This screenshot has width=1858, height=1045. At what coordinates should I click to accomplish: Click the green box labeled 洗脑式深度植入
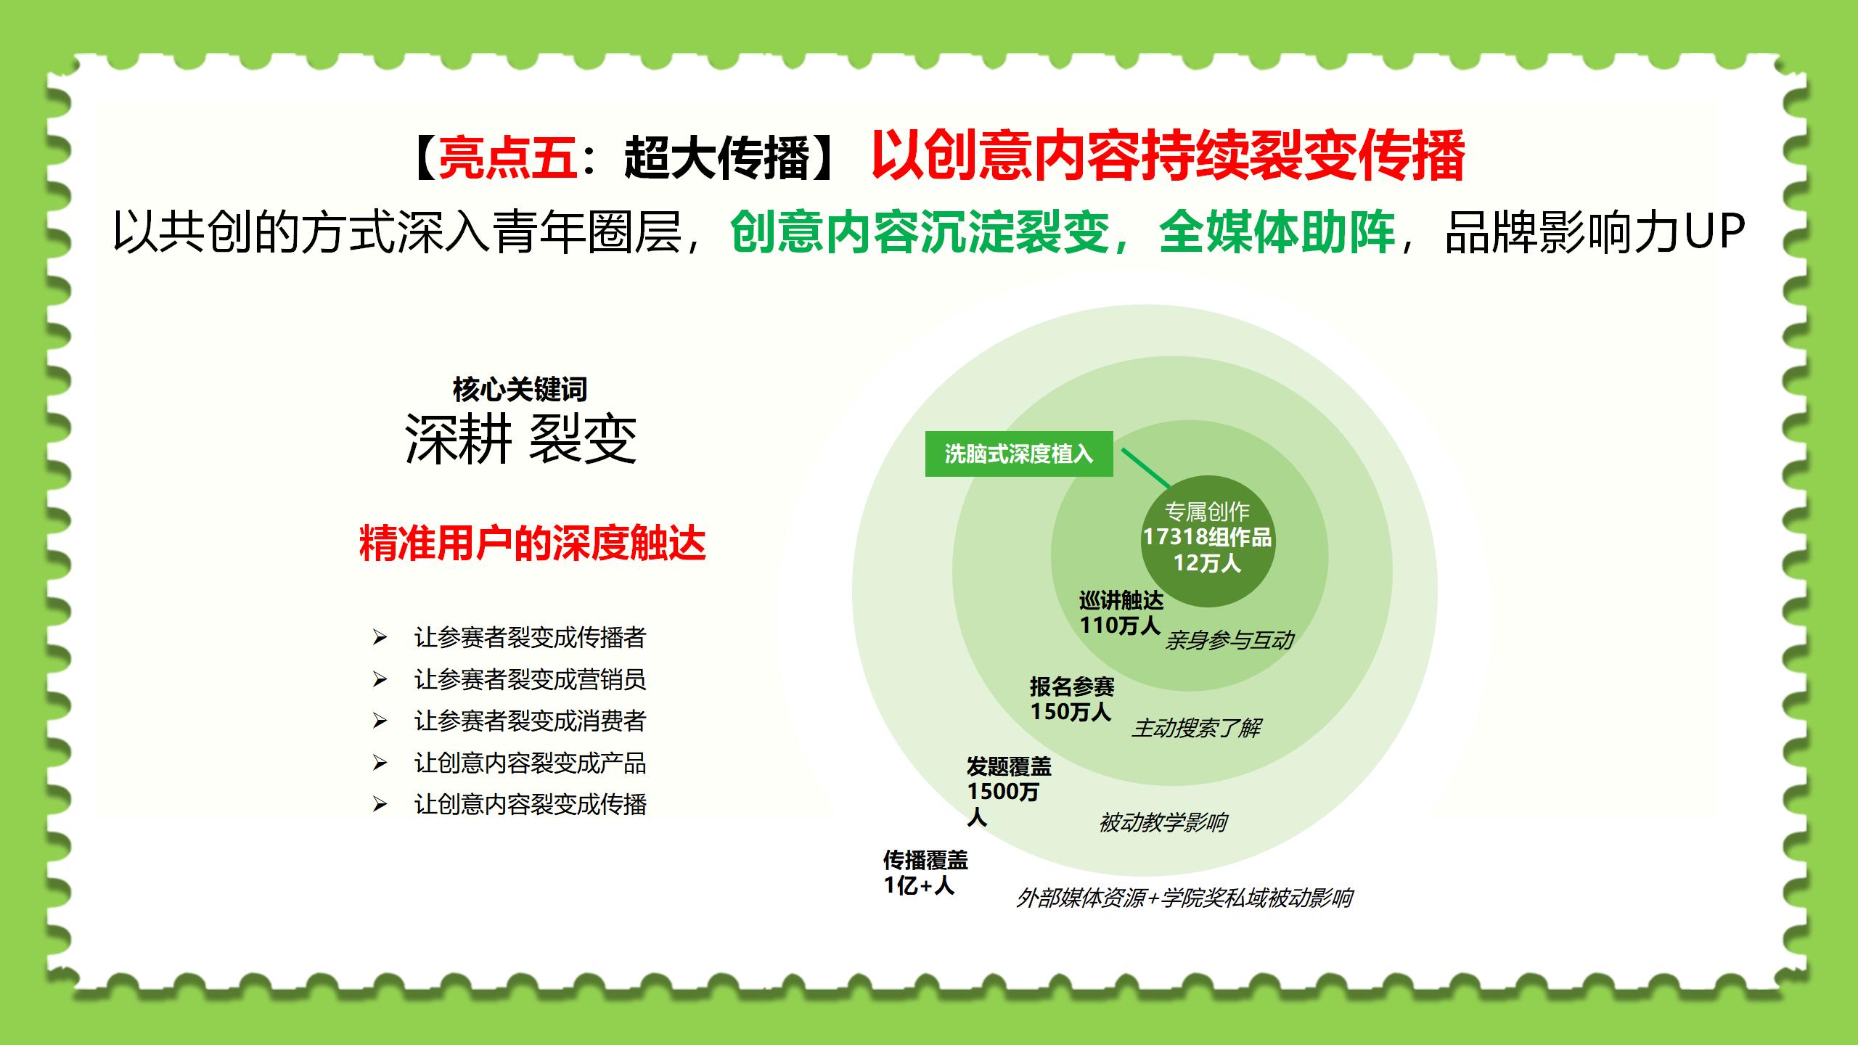(1019, 454)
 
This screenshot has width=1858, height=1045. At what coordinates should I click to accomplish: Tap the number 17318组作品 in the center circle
(1207, 537)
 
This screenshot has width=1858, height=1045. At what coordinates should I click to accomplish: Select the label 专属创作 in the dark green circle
(1207, 512)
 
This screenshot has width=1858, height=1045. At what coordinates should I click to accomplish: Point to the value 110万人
(1120, 625)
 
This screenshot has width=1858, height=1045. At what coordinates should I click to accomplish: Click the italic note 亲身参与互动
(1229, 640)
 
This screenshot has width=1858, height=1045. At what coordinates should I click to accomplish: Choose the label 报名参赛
(1072, 686)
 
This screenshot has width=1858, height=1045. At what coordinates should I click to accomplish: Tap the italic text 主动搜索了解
(1196, 727)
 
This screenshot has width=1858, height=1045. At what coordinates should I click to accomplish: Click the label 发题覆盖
(1009, 766)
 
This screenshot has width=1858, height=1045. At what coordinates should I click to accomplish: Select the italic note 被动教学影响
(1163, 822)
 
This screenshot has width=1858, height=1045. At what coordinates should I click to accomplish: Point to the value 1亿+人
(919, 885)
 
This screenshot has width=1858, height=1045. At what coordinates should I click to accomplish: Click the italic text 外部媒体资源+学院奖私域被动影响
(1184, 898)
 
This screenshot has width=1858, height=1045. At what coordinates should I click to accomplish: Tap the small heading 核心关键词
(520, 389)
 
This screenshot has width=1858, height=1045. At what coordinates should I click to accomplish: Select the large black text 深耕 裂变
(520, 439)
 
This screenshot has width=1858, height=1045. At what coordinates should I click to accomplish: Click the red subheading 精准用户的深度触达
(532, 543)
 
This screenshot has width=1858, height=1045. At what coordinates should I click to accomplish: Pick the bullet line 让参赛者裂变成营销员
(530, 679)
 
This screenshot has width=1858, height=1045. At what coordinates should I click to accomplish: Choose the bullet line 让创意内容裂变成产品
(530, 763)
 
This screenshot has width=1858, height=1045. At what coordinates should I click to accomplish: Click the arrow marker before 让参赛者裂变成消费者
(380, 721)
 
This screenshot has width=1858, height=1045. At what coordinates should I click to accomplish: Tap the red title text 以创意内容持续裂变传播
(1168, 155)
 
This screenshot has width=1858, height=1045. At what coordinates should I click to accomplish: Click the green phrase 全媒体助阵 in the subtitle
(1277, 232)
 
